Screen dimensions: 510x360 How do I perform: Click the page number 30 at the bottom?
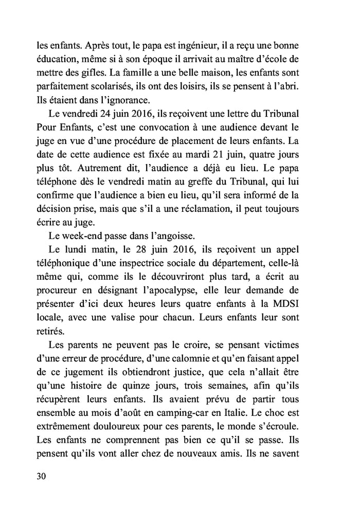(x=42, y=476)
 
